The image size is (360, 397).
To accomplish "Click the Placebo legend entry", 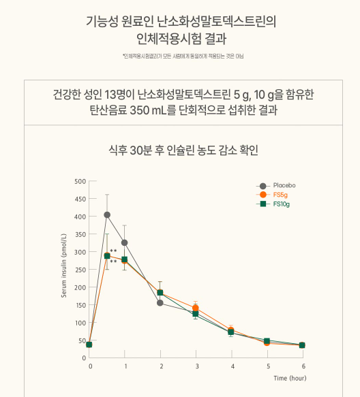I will point(284,185).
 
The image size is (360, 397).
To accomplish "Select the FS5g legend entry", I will point(280,195).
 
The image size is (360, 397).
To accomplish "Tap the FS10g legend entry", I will point(282,204).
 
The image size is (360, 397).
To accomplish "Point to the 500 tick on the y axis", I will point(80,181).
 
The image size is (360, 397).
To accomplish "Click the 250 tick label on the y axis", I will point(80,270).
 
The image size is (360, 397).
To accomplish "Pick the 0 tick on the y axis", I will point(84,358).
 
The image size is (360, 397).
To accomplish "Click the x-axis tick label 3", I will point(196,366).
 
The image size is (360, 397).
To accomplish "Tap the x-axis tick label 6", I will point(303,366).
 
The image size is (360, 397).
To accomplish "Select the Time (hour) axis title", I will point(290,377).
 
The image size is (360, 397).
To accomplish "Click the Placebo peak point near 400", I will point(107,215).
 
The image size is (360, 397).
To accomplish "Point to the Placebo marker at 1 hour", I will point(125,242).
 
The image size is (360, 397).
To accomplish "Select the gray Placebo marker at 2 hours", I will point(160,302).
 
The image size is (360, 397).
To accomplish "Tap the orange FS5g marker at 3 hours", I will point(196,308).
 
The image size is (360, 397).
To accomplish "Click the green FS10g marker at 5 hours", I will point(267,340).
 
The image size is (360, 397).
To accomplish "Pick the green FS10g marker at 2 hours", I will point(160,292).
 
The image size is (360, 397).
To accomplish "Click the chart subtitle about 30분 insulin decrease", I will point(180,150).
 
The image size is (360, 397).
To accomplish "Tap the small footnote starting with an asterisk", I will point(180,56).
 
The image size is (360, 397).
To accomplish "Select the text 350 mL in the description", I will point(168,110).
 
